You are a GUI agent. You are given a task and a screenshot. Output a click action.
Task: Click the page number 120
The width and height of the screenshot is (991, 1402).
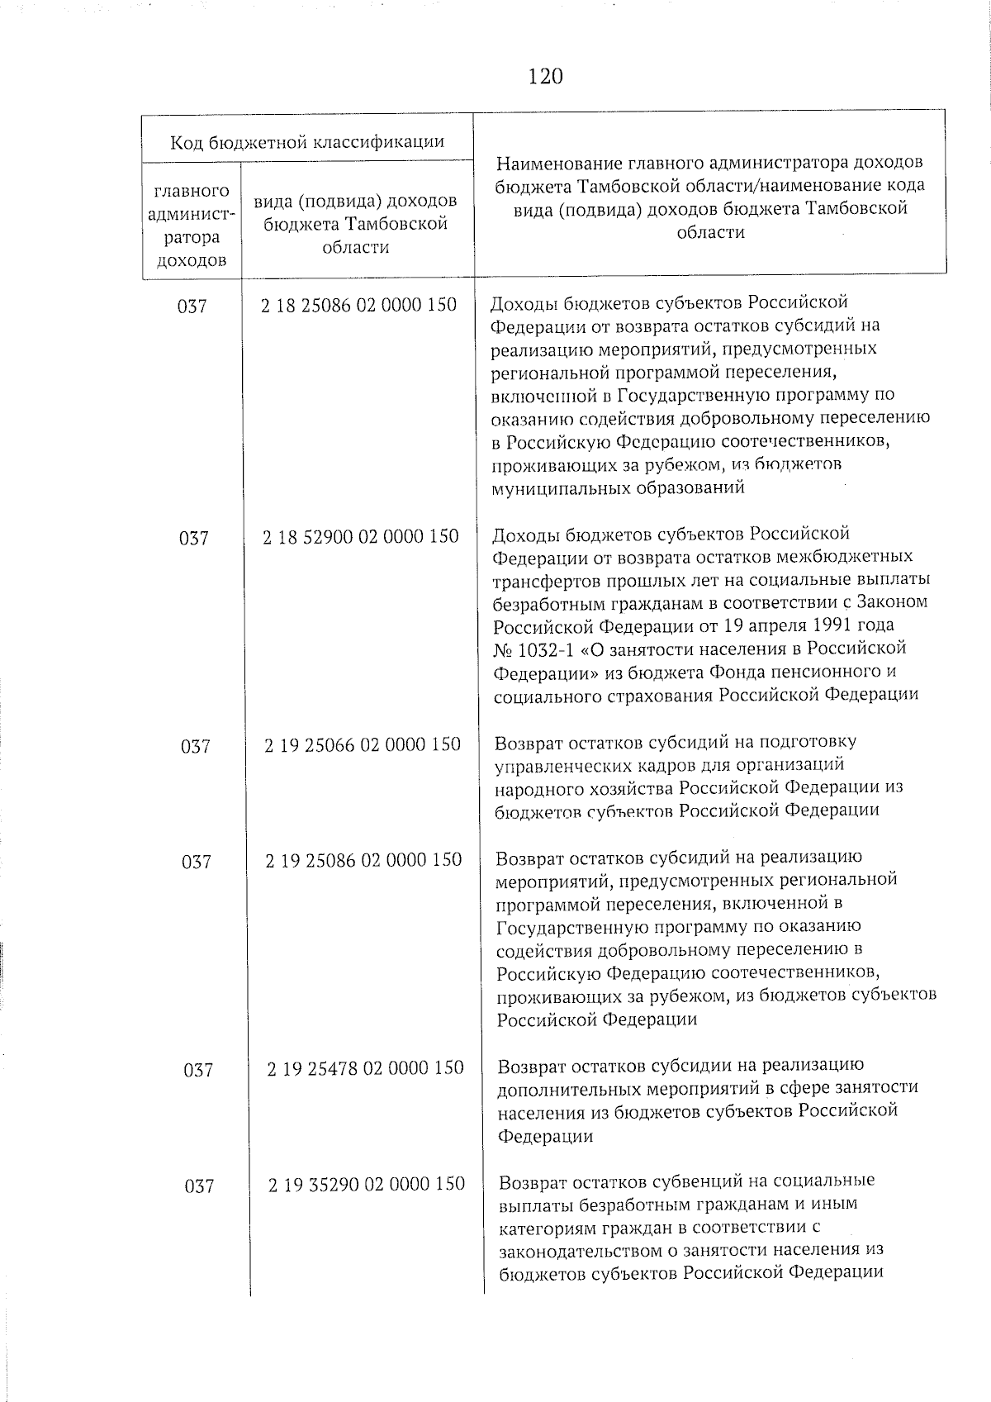click(545, 77)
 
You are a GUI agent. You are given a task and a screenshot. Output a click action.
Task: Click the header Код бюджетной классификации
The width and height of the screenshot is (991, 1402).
click(307, 142)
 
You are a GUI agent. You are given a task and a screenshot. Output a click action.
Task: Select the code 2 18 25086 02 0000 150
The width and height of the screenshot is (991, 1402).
click(358, 305)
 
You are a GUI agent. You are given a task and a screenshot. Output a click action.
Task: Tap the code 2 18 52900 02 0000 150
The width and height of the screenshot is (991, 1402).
click(360, 537)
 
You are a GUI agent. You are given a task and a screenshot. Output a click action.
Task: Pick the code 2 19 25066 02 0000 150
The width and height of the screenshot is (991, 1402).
click(362, 745)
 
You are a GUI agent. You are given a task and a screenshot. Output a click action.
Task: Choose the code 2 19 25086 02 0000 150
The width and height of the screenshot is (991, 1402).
click(363, 861)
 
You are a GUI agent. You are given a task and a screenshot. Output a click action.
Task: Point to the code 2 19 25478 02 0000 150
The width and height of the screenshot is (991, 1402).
click(364, 1068)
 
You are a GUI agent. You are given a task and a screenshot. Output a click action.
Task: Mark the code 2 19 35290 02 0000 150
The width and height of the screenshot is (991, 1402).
click(366, 1184)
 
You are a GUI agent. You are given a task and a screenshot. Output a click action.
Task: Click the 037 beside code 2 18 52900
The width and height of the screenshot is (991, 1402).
click(193, 539)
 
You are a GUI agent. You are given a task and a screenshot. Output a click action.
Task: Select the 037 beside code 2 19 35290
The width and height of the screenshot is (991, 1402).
click(199, 1186)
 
